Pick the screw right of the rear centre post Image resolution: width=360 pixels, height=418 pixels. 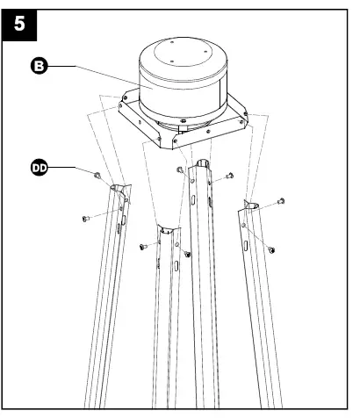coord(228,176)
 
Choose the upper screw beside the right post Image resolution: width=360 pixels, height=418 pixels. coord(282,202)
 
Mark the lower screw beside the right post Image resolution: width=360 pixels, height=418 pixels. coord(271,249)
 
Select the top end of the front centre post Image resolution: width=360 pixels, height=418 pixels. coord(165,231)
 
